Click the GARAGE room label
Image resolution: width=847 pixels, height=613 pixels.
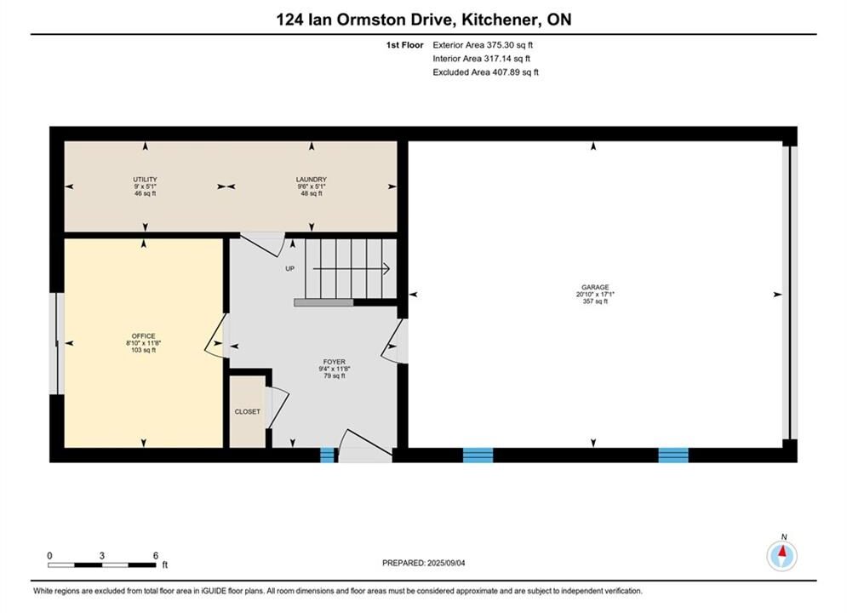pos(595,287)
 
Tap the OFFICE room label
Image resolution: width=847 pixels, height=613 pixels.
pos(143,336)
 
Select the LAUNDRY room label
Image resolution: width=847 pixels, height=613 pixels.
pos(312,180)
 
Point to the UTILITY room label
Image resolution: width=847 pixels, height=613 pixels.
pos(145,180)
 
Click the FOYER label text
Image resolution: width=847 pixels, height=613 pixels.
pos(335,362)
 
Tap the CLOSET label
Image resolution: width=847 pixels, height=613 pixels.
pos(248,411)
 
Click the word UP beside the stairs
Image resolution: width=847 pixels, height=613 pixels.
pos(290,268)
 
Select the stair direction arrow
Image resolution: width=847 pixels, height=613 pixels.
pos(352,268)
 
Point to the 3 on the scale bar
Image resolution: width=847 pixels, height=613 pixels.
pos(101,555)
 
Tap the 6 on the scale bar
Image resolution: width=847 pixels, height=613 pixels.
pos(156,555)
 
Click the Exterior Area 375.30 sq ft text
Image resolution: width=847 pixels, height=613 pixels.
pos(483,45)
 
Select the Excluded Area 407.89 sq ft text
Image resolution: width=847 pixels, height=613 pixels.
pos(485,72)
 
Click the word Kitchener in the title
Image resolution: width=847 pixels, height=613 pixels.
pos(501,20)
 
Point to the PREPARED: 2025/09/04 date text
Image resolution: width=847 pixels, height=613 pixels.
pos(424,563)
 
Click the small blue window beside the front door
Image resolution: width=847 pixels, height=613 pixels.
pos(328,455)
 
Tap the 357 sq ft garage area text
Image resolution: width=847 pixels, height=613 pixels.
pos(595,301)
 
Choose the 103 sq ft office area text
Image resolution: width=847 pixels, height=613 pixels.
pos(143,350)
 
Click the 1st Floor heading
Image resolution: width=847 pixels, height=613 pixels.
pos(404,45)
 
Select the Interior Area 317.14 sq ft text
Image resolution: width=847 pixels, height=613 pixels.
pos(481,59)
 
